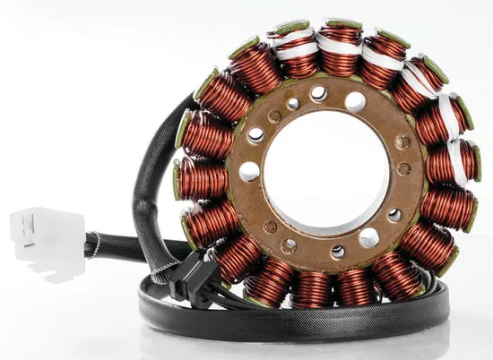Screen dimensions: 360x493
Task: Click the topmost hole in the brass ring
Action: click(319, 92)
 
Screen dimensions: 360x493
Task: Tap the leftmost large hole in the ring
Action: click(250, 171)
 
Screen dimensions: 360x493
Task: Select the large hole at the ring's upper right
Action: click(356, 101)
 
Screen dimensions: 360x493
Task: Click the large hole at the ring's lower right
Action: click(368, 237)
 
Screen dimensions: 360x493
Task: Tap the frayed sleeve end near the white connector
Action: click(91, 243)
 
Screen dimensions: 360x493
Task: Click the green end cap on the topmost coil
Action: click(343, 22)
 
